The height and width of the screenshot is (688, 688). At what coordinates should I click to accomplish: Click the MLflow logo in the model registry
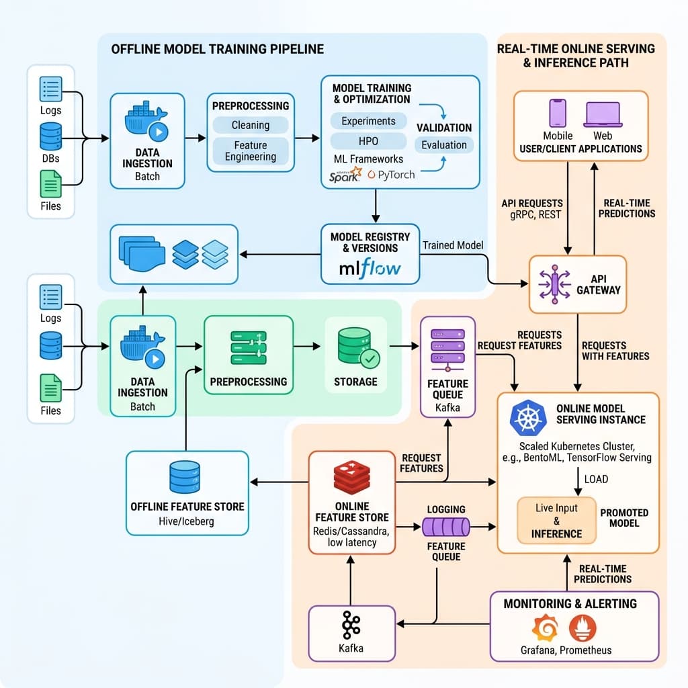(370, 269)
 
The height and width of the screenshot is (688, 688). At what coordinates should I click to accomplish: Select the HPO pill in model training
(368, 140)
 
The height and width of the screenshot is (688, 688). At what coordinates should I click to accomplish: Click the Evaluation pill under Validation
(443, 144)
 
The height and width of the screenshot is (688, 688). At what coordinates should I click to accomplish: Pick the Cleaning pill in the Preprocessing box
(250, 125)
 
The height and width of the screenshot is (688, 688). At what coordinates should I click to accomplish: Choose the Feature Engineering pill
(250, 151)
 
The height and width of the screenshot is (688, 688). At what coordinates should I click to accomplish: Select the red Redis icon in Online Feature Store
(351, 477)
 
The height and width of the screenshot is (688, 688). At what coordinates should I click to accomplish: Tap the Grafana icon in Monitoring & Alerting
(545, 628)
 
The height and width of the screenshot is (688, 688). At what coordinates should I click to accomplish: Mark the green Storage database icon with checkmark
(355, 347)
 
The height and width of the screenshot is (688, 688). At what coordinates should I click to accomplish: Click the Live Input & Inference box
(556, 521)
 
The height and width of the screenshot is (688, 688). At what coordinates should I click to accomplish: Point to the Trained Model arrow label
(453, 245)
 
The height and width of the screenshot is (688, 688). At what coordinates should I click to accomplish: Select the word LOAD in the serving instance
(596, 479)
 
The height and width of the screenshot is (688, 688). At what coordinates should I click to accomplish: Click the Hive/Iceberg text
(187, 521)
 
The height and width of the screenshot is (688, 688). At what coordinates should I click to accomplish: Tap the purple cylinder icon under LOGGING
(445, 526)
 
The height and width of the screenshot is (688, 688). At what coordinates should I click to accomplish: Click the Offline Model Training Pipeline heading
(217, 49)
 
